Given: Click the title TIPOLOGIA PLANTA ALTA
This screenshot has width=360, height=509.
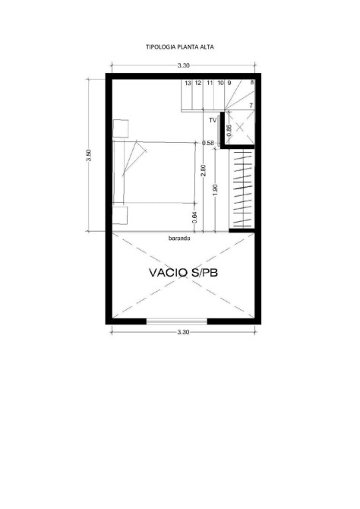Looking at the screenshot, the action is click(180, 47).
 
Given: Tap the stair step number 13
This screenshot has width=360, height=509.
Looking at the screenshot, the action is click(188, 83).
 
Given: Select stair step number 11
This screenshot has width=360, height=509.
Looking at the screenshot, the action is click(210, 83).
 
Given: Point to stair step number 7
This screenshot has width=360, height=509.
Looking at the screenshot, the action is click(251, 106).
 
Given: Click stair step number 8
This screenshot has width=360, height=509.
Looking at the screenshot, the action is click(252, 83).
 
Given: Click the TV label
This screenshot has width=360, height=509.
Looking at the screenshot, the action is click(213, 121).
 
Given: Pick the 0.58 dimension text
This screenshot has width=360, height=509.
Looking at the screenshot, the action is click(208, 143).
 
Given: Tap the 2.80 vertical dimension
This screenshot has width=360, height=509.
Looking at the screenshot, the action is click(204, 171).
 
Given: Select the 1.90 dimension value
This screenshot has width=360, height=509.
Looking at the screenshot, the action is click(215, 190).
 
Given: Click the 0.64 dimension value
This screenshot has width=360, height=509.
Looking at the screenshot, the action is click(194, 217).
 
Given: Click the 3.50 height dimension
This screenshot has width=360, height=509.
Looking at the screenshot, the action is click(90, 155).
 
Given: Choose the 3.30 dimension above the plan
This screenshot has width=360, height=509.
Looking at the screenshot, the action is click(183, 65).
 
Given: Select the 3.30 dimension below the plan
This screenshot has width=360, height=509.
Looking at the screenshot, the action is click(183, 332).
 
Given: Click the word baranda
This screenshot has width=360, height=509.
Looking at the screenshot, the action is click(179, 239).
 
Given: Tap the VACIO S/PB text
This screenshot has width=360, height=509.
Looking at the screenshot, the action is click(183, 273).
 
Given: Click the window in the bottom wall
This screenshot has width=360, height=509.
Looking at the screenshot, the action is click(177, 321).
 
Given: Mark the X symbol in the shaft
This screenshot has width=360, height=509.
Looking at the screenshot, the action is click(239, 128).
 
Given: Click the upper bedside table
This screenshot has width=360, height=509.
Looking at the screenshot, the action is click(121, 128).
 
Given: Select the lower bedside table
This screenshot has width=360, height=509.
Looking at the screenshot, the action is click(120, 215).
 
